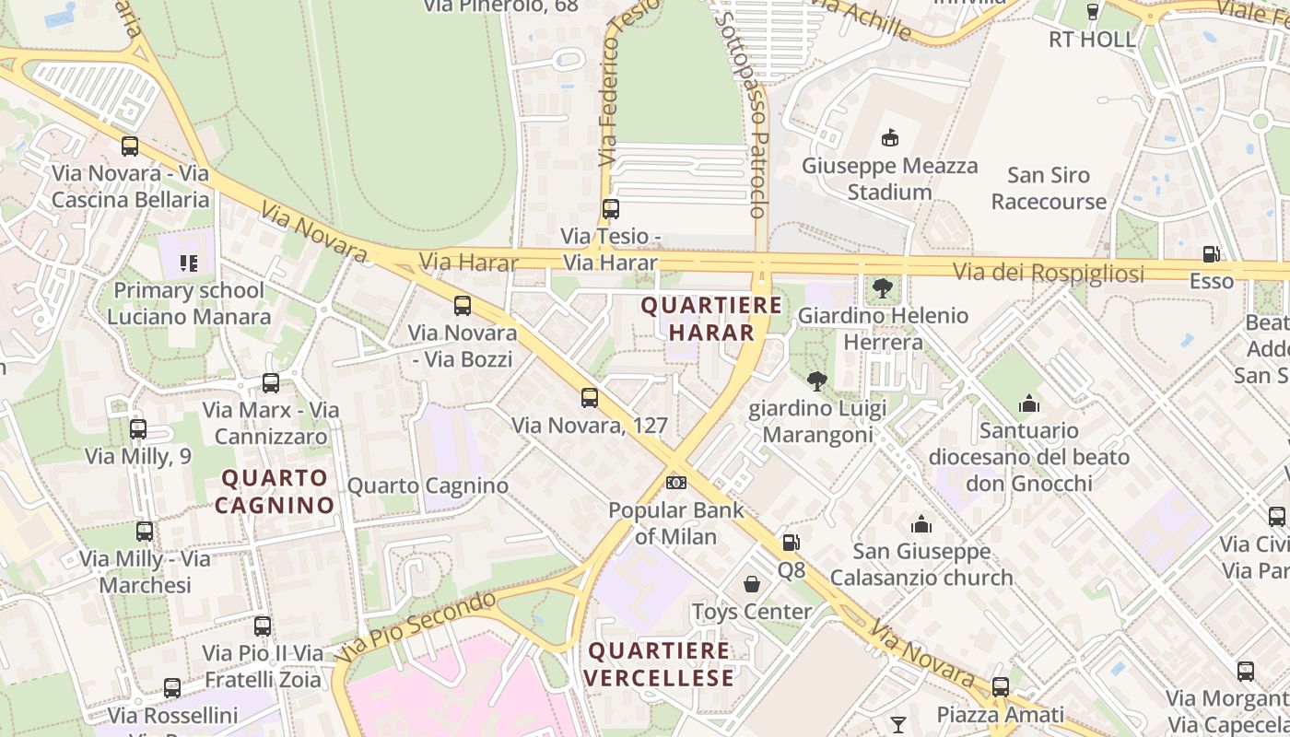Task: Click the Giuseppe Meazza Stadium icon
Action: (x=890, y=139)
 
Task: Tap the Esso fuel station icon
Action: (x=1211, y=254)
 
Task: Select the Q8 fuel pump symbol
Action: (x=791, y=543)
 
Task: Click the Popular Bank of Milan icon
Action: (x=676, y=483)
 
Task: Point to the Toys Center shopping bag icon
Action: (x=752, y=584)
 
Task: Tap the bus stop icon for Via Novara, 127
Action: (x=590, y=398)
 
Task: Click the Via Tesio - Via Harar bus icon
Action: (x=611, y=209)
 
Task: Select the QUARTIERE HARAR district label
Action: (x=711, y=318)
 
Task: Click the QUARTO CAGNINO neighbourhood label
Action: (x=275, y=491)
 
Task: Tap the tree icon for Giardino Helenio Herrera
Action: (x=883, y=288)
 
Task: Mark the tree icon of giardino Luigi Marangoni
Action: (x=816, y=380)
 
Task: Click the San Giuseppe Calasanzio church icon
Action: (x=921, y=524)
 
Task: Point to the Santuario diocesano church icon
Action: (x=1029, y=404)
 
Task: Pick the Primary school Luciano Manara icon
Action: (x=189, y=263)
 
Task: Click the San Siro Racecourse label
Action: (x=1049, y=188)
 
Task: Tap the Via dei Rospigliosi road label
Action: (x=1049, y=273)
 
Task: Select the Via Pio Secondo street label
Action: (x=416, y=627)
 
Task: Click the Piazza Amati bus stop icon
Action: (x=1001, y=687)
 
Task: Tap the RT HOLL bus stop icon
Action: (x=1093, y=12)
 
